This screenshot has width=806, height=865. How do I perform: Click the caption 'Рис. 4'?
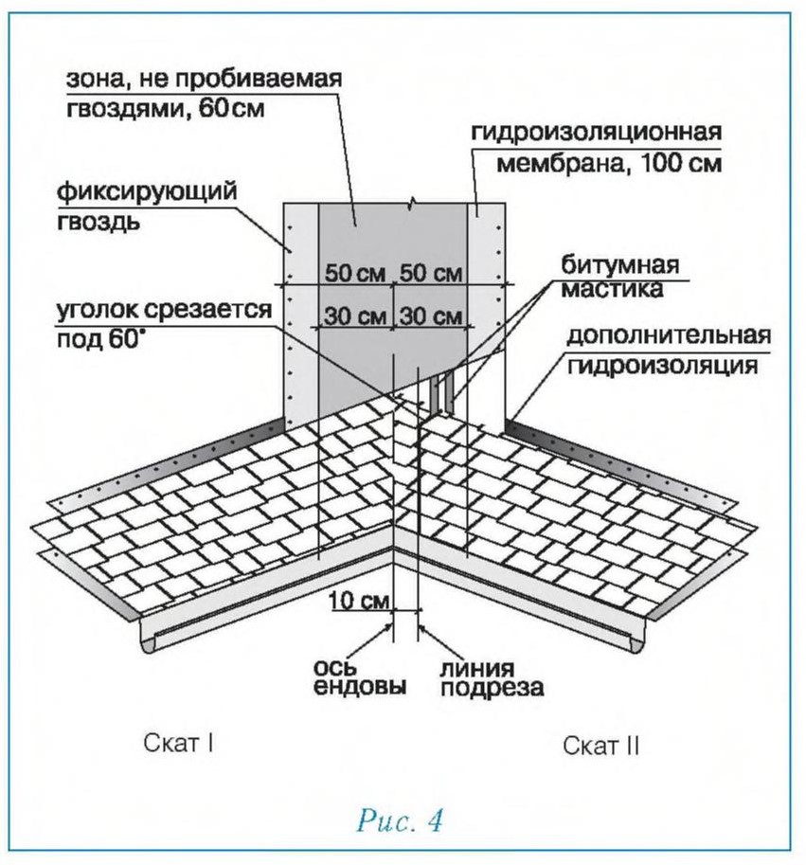coord(401,820)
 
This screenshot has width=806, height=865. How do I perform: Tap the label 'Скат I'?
coord(178,743)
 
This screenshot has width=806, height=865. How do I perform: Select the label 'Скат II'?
coord(600,746)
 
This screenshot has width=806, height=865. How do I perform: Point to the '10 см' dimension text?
coord(360,601)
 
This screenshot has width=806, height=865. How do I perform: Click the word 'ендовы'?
coord(360,687)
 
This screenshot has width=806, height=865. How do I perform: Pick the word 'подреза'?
coord(493,688)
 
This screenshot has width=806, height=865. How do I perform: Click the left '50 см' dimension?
coord(354,273)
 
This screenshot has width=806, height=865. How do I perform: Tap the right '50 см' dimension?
coord(431,273)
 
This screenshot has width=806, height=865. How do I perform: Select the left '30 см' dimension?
coord(354,316)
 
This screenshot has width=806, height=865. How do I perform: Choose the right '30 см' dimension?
coord(431,316)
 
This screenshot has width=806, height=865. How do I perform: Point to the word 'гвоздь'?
coord(99,222)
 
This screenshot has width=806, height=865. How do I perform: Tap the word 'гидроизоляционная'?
coord(596,133)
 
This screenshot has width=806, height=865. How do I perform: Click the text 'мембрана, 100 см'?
coord(609,163)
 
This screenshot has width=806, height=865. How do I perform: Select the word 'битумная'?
coord(620,264)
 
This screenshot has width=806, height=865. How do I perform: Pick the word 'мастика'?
coord(612,290)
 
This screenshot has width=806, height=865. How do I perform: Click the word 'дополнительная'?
coord(668,336)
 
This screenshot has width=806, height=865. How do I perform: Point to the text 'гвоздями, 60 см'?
coord(165,108)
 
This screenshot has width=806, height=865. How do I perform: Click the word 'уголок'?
coord(97,310)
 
